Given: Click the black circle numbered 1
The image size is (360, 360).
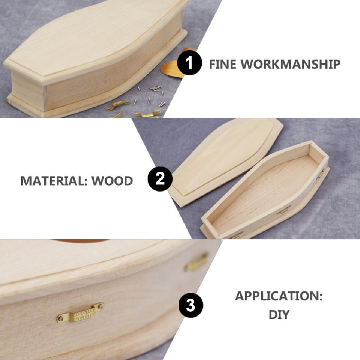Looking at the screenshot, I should point(189,62).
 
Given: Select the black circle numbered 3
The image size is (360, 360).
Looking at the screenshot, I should point(190,305).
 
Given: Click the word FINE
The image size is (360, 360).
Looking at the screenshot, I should point(222,64).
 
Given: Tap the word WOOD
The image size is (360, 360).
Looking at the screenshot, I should point(112,181).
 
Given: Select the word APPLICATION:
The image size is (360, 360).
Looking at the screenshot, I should point(279,296).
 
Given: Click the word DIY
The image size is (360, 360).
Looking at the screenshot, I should point(279,315).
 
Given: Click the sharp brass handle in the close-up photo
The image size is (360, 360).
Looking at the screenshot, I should point(80,313).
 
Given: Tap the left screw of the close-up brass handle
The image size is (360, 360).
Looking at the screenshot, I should point(60,319).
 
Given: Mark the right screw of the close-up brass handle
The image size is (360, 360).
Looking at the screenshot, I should point(100,306).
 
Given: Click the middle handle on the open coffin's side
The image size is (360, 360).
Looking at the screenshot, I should point(283,210).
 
